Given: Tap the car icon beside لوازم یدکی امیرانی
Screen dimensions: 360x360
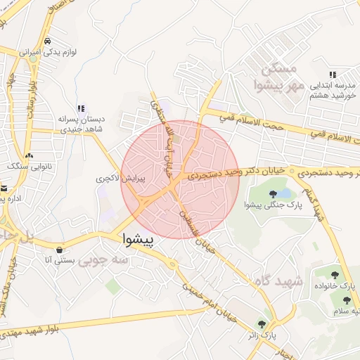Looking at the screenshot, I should coord(47,41).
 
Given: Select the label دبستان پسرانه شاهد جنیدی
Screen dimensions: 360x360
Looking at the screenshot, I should coord(80,124).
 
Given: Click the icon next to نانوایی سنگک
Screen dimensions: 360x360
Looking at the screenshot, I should coord(29,155).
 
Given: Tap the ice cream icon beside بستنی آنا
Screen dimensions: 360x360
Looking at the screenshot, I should coord(60,250).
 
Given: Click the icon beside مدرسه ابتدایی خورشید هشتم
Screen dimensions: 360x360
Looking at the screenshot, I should coord(333,75).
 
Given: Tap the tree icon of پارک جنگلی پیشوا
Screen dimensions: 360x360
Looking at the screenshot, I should coord(273,193).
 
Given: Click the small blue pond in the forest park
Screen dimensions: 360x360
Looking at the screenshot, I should coord(283,193).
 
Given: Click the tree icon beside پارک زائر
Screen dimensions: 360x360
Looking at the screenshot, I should coord(262,325).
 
